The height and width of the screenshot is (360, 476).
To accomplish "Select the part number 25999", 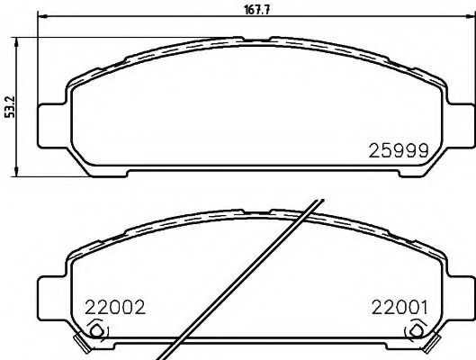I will click(x=402, y=151).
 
